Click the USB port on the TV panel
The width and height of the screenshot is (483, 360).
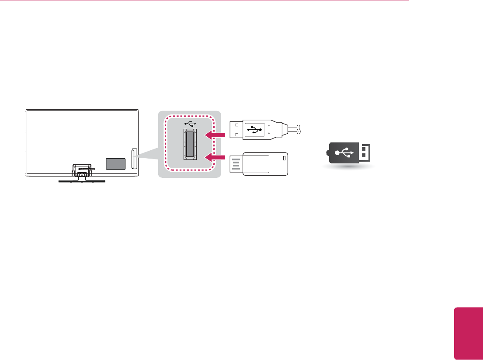pos(190,144)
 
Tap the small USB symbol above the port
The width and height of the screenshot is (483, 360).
pos(191,124)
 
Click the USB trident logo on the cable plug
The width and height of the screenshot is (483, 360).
pos(254,129)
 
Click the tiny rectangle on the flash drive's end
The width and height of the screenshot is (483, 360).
pos(285,158)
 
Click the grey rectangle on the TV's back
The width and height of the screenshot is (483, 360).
pos(116,163)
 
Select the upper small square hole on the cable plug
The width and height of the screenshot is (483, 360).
pos(236,124)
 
